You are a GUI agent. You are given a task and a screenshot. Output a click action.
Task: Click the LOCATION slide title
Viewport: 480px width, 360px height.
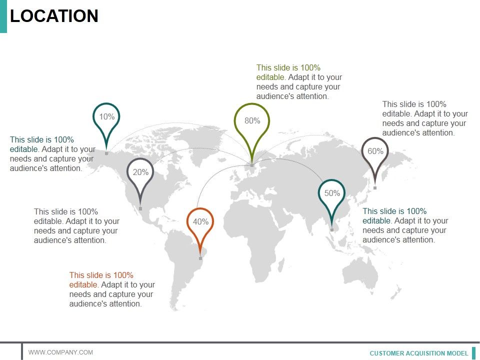tap(54, 16)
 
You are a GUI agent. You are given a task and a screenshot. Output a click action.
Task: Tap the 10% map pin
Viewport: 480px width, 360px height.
tap(106, 117)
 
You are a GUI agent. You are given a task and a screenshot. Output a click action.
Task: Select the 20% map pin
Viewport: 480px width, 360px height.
tap(140, 173)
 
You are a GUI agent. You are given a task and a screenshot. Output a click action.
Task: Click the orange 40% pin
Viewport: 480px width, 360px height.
tap(200, 222)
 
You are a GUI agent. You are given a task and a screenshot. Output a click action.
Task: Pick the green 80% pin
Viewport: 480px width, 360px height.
tap(252, 121)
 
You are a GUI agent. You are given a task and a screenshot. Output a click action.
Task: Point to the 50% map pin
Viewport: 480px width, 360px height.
tap(332, 194)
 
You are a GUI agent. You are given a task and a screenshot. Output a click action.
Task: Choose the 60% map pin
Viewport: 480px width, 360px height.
tap(375, 151)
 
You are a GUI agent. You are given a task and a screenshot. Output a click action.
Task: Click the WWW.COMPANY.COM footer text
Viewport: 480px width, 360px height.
tap(60, 352)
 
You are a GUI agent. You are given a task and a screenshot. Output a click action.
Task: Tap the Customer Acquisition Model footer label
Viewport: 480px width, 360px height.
tap(419, 353)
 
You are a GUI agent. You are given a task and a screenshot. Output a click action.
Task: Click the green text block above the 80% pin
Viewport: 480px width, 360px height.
tap(299, 82)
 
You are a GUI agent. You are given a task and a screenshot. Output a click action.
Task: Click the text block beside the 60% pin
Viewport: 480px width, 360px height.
tap(425, 118)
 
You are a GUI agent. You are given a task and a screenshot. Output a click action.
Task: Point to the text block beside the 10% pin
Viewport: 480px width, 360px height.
tap(52, 154)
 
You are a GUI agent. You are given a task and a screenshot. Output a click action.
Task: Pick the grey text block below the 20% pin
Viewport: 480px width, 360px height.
tap(76, 226)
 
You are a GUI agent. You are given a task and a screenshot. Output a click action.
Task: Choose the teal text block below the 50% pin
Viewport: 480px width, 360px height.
tap(405, 225)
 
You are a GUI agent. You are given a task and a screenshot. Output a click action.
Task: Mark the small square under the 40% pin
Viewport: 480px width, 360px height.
tap(200, 258)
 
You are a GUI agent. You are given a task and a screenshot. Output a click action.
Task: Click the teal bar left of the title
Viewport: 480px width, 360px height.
tap(3, 16)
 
